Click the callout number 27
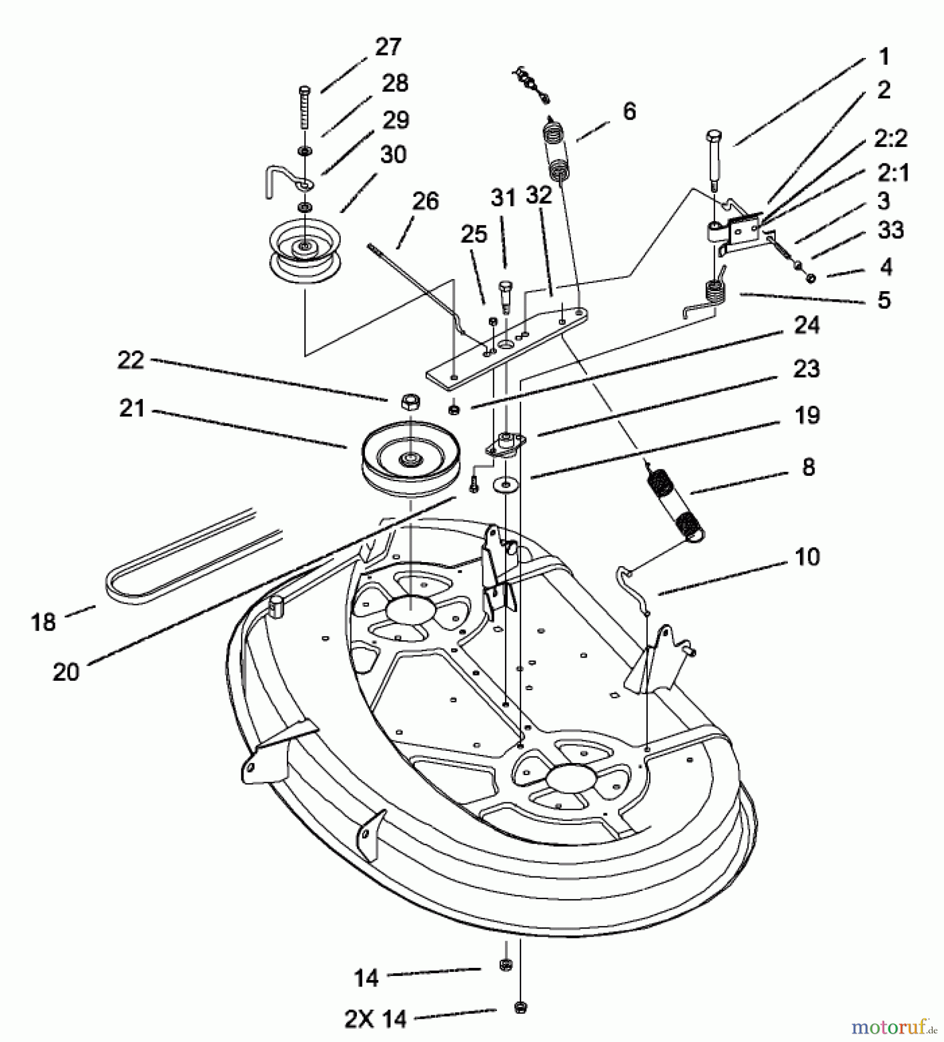388,47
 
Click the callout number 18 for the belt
43,622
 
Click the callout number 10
807,557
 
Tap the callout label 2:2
891,140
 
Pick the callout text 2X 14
375,1019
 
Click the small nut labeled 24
454,410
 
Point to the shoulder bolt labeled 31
506,294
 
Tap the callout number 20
66,672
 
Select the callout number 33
891,231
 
